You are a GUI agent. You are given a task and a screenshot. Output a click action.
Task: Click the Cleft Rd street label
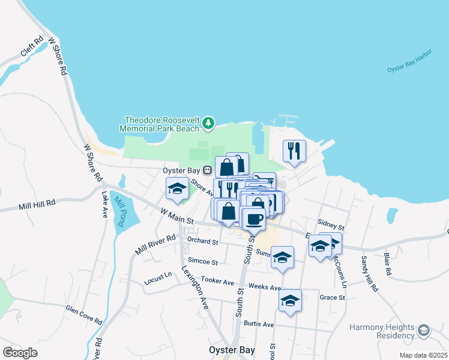31,47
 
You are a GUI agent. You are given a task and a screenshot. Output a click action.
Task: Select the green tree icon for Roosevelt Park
208,123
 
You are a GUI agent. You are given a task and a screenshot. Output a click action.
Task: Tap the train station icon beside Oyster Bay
207,170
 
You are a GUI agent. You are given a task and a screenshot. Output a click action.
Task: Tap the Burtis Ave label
259,324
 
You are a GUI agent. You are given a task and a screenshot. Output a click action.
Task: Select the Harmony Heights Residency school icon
424,331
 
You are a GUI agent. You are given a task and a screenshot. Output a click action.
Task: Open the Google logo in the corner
20,352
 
